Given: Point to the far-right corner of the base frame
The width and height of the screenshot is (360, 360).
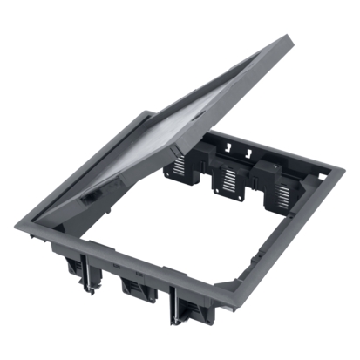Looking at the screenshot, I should click(x=339, y=172).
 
